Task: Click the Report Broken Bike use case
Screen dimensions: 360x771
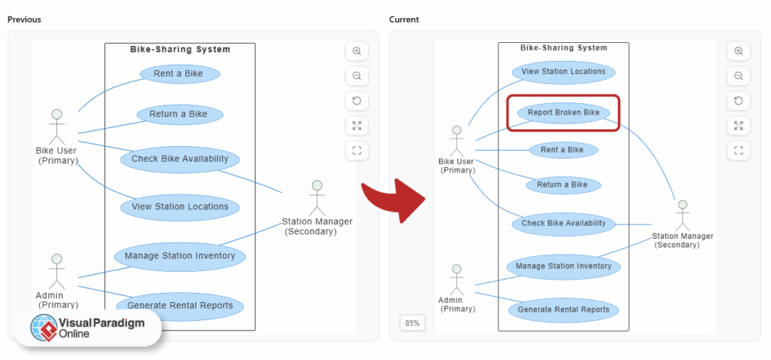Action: pyautogui.click(x=563, y=113)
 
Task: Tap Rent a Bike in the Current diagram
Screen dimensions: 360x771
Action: pyautogui.click(x=562, y=150)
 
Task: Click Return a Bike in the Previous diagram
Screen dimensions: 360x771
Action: pyautogui.click(x=178, y=114)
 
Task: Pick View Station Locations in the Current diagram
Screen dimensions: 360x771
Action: pyautogui.click(x=563, y=72)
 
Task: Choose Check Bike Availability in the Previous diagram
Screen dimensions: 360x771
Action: pyautogui.click(x=180, y=159)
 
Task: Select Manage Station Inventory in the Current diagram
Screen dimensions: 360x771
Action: pyautogui.click(x=563, y=266)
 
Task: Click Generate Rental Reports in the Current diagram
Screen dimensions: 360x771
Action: pyautogui.click(x=563, y=310)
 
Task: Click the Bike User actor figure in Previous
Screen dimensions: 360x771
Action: pyautogui.click(x=56, y=127)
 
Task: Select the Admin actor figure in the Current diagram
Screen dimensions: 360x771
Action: pyautogui.click(x=456, y=279)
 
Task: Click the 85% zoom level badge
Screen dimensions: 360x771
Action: pyautogui.click(x=412, y=323)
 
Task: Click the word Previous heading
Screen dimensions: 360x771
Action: pyautogui.click(x=24, y=19)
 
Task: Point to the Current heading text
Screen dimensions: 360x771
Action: pyautogui.click(x=404, y=19)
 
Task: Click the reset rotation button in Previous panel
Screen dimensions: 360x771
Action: pyautogui.click(x=357, y=100)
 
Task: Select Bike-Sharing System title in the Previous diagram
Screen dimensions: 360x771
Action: pyautogui.click(x=180, y=50)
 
